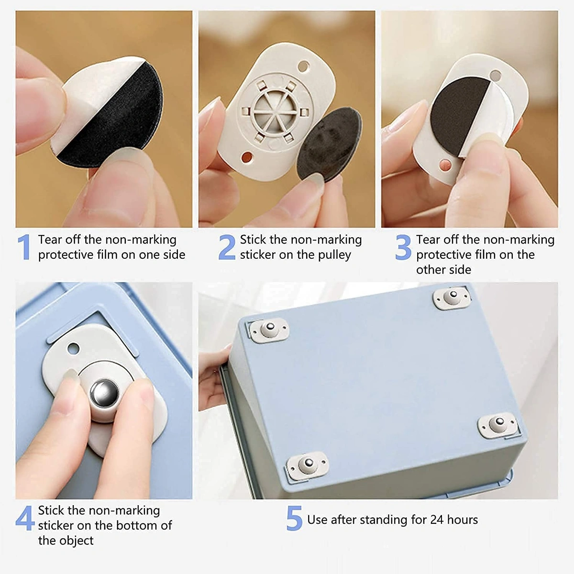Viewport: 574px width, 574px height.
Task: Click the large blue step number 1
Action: pos(24,247)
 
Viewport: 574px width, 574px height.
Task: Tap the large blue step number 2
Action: pos(227,247)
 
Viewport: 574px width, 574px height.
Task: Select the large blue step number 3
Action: pos(403,247)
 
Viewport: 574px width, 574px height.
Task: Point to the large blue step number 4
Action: pos(24,518)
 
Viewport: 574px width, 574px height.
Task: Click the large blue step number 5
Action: pos(294,519)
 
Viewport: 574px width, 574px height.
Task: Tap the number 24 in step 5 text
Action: pos(437,520)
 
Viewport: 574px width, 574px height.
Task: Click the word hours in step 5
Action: pos(462,520)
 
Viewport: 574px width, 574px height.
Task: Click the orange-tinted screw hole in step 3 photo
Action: pos(445,166)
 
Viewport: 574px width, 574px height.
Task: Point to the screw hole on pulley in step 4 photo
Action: pos(73,348)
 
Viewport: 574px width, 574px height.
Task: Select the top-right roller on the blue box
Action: pos(452,297)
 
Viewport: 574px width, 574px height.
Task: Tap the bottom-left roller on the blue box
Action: pos(307,465)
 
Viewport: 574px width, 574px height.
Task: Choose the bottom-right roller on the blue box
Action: pos(498,424)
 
